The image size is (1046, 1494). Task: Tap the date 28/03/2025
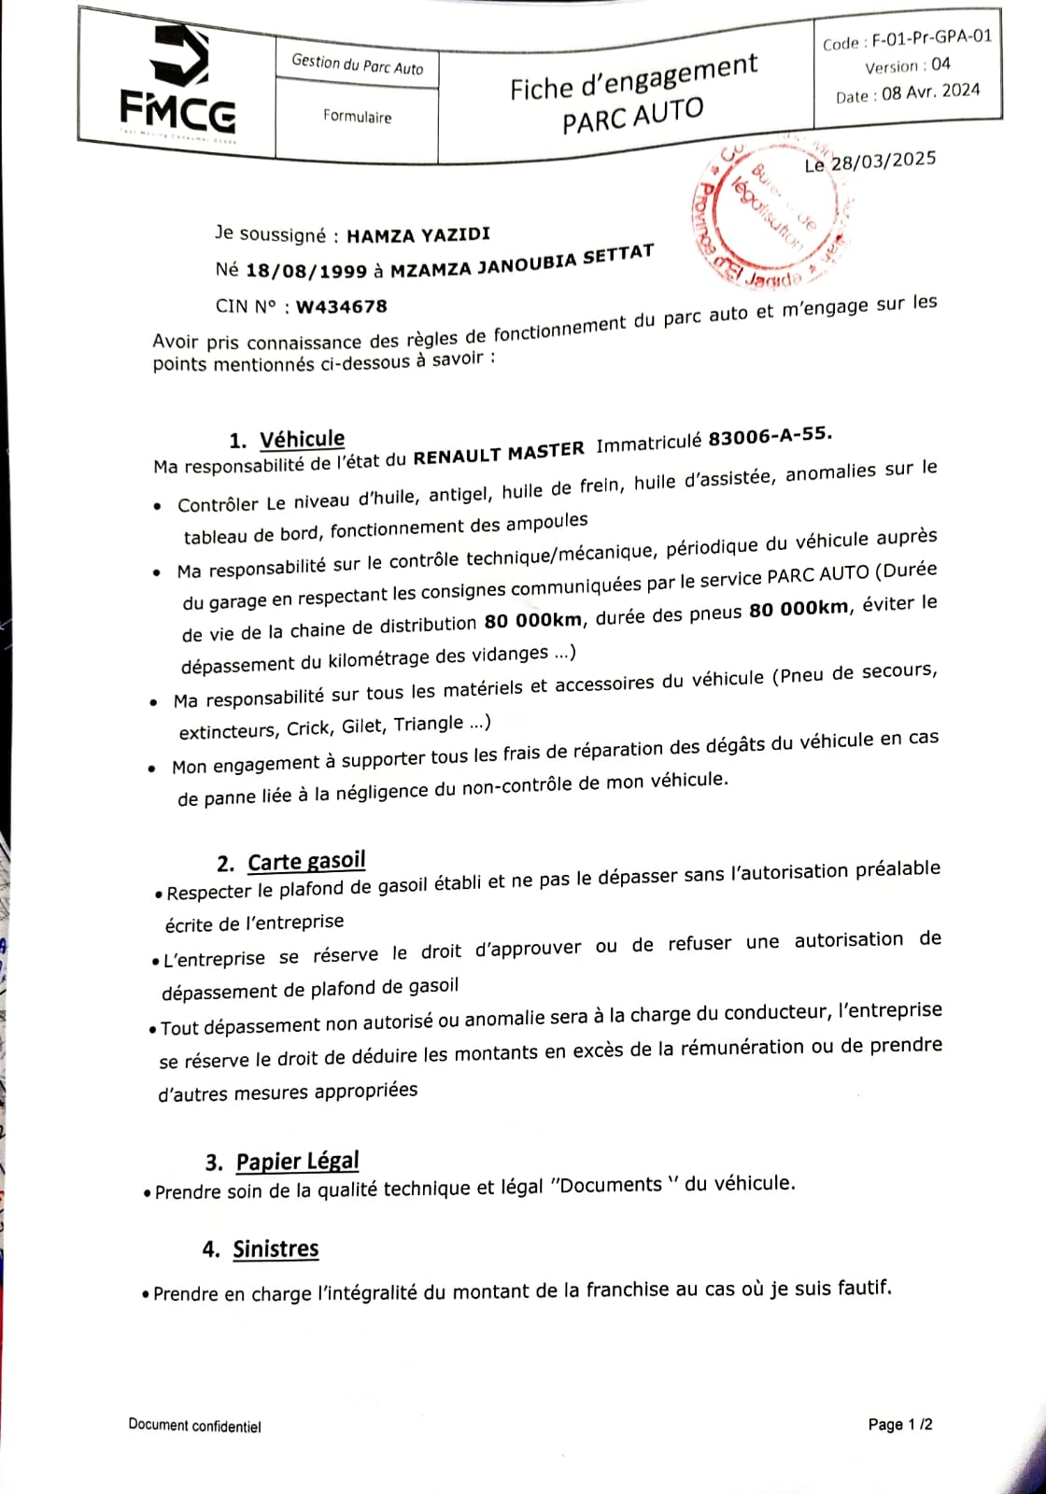(x=883, y=161)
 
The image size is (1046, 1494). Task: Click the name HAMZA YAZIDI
(x=417, y=235)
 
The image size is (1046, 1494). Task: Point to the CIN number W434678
(x=341, y=305)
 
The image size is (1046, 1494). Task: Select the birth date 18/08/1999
(x=306, y=271)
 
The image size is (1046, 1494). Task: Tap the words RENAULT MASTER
(x=499, y=453)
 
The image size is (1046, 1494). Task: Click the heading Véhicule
(x=302, y=439)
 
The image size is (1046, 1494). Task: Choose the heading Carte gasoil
(x=306, y=861)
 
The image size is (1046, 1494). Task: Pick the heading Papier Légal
(x=297, y=1161)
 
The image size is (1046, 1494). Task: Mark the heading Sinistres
(x=276, y=1248)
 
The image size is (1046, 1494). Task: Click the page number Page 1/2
(x=900, y=1424)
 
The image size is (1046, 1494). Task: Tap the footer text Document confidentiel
(x=194, y=1426)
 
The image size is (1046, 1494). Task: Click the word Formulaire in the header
(x=357, y=117)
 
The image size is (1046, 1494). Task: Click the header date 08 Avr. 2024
(x=931, y=92)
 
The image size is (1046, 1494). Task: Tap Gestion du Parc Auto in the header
(x=357, y=64)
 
